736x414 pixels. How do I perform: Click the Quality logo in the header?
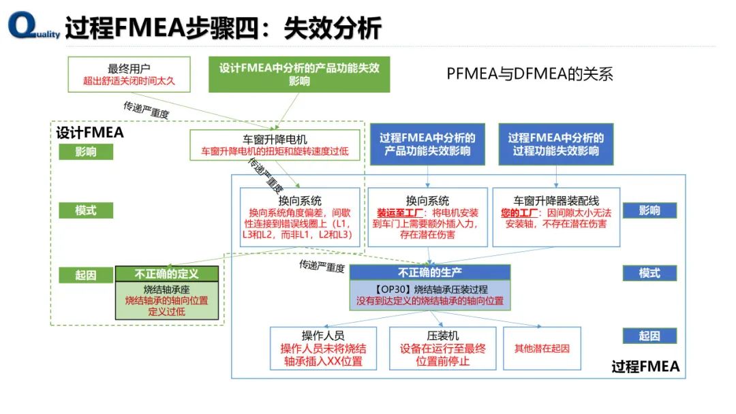(31, 27)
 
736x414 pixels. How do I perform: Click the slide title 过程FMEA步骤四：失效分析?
(223, 28)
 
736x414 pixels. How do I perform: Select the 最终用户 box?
(129, 74)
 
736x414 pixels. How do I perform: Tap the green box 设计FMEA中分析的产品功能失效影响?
(298, 74)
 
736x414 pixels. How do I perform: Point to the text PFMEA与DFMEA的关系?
(530, 74)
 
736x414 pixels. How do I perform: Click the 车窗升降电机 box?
(275, 145)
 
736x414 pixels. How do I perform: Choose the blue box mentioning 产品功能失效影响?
(427, 144)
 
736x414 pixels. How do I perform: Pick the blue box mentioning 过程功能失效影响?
(555, 144)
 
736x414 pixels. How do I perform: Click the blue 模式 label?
(649, 273)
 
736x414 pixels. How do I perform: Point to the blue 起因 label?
(649, 336)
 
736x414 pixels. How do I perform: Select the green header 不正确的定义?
(167, 274)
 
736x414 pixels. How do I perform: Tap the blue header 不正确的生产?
(429, 272)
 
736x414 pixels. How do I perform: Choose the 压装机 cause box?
(442, 348)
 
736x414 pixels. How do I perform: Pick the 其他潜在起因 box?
(542, 348)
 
